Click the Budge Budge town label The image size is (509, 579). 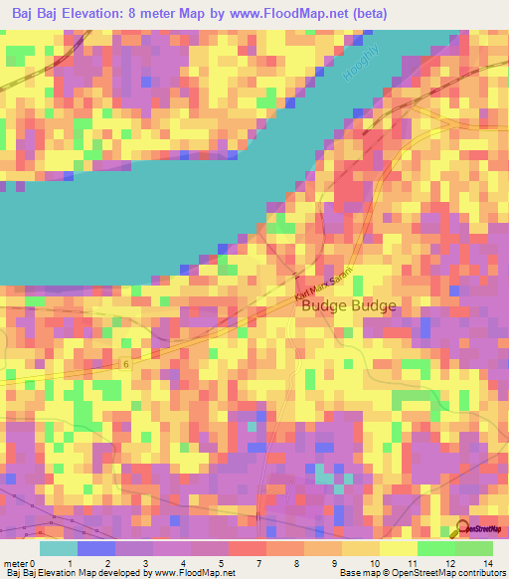(x=348, y=306)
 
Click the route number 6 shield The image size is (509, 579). (x=126, y=364)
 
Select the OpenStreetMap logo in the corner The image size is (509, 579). (x=482, y=530)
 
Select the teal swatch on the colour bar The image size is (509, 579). (x=59, y=547)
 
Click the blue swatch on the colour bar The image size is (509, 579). (x=96, y=547)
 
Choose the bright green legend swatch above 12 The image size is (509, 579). (x=435, y=547)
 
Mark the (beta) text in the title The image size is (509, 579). (x=367, y=14)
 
